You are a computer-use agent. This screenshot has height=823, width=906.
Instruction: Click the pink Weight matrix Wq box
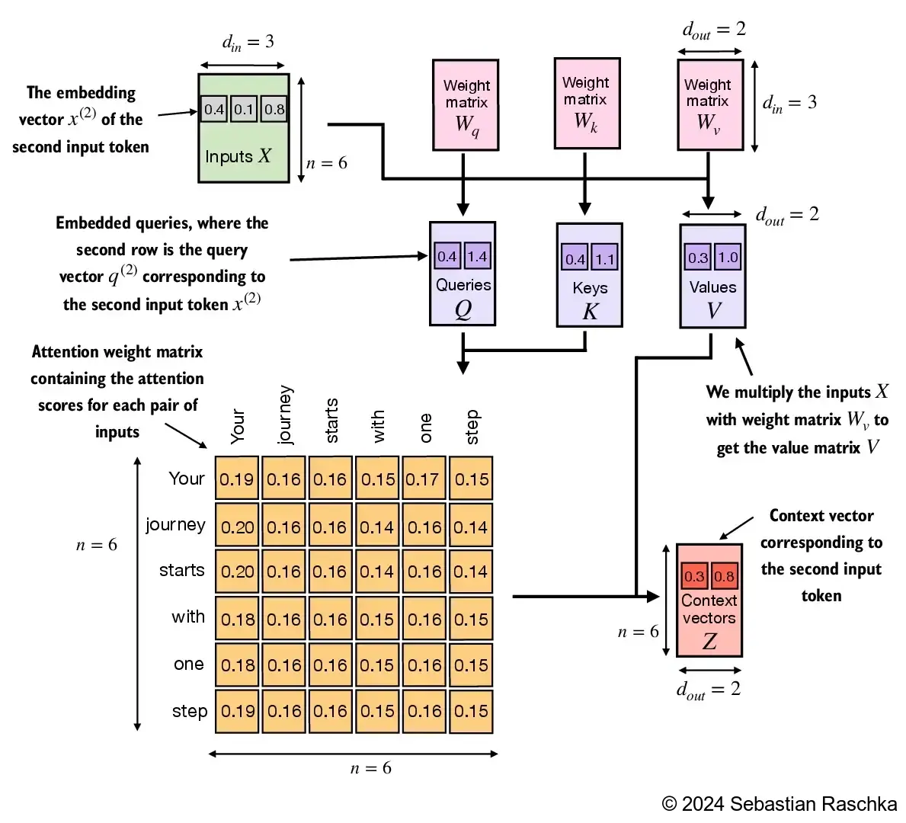pos(466,104)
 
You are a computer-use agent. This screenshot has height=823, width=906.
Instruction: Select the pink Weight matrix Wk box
pos(586,102)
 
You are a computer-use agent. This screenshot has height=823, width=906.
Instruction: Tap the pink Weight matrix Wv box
pos(709,104)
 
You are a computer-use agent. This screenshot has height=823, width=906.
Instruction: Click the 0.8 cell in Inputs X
pos(274,110)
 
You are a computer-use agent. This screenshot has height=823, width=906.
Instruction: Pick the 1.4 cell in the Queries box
pos(477,257)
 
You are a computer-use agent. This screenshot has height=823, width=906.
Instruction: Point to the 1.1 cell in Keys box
pos(605,259)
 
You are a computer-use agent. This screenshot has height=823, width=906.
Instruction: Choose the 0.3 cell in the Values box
pos(698,258)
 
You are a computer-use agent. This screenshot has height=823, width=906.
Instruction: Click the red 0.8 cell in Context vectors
pos(725,576)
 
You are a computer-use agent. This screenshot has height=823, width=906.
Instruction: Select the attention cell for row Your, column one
pos(423,479)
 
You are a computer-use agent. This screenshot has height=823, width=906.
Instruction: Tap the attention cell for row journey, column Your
pos(237,527)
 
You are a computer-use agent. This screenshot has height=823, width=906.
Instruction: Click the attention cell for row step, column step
pos(471,711)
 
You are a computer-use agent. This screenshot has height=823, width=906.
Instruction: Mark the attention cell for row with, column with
pos(377,619)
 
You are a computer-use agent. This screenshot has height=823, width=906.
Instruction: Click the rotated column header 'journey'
pos(284,415)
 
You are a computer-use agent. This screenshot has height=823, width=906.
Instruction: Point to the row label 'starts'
pos(181,571)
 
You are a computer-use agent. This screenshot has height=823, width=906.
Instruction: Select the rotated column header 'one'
pos(425,428)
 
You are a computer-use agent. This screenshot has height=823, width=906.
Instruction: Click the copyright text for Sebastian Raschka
pos(780,804)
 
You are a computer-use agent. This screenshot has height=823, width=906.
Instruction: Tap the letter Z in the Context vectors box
pos(709,641)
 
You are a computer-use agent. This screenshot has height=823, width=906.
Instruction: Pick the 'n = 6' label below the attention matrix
pos(371,768)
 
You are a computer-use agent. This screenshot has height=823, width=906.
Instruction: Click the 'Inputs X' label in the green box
pos(238,156)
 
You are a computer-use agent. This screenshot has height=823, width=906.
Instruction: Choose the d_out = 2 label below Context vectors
pos(709,690)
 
